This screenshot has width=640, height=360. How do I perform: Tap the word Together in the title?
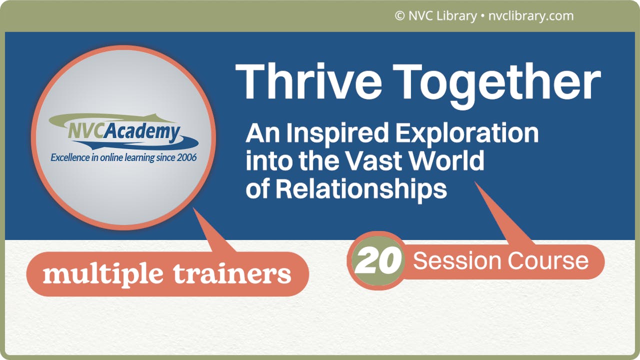coord(500,83)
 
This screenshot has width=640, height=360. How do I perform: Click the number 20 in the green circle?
coord(377,260)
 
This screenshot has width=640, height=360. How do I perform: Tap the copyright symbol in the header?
coord(399,16)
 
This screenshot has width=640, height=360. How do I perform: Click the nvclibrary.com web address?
coord(530,16)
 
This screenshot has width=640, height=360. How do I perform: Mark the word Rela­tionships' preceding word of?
coord(257,188)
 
